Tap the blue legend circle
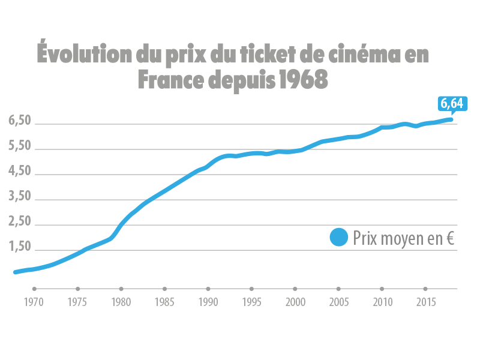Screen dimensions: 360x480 (x=339, y=238)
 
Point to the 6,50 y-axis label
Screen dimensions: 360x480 (x=20, y=121)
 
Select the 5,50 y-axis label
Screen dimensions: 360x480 (x=20, y=146)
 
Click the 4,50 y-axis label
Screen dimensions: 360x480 (x=20, y=172)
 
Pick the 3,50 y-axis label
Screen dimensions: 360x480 (x=20, y=197)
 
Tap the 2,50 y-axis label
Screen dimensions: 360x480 (x=20, y=222)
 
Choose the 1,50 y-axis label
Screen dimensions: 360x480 (x=20, y=247)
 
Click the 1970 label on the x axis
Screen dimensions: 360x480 (x=34, y=302)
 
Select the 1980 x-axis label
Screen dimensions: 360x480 (x=121, y=302)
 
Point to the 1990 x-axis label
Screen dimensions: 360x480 (x=208, y=302)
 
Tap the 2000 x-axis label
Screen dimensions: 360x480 (x=295, y=302)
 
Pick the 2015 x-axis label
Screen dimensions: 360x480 (x=425, y=302)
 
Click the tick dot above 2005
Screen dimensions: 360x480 (x=338, y=289)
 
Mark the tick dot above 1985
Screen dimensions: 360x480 (x=164, y=289)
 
